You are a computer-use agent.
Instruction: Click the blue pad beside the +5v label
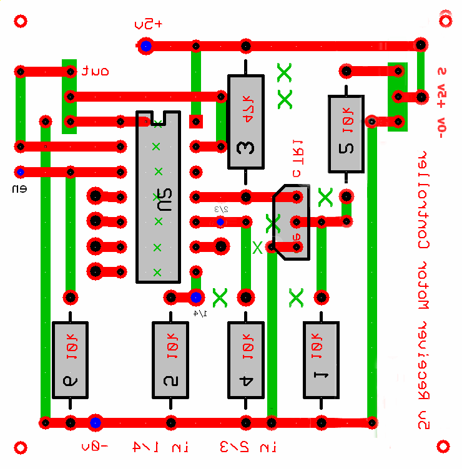tap(146, 46)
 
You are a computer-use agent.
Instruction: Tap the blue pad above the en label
tap(21, 172)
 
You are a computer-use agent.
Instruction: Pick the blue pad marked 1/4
tap(195, 297)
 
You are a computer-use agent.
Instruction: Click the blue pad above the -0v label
tap(95, 423)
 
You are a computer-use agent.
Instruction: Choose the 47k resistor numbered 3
tap(246, 122)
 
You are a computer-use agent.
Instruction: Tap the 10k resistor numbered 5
tap(346, 133)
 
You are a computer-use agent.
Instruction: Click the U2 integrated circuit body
tap(158, 197)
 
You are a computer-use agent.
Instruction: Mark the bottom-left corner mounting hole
tap(21, 447)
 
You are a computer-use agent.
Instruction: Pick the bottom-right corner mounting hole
tap(444, 447)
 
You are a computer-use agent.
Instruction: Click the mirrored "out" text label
tap(95, 71)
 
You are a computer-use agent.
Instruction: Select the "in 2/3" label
tap(248, 447)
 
